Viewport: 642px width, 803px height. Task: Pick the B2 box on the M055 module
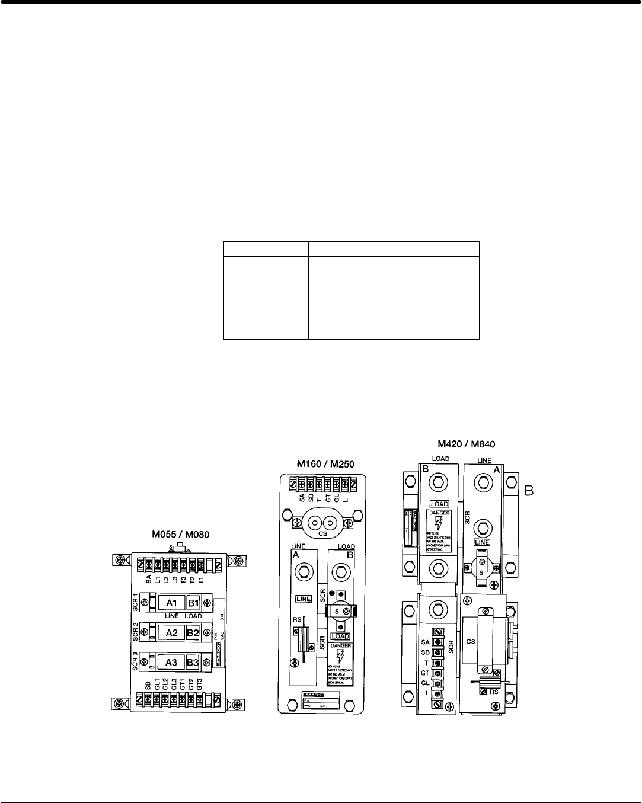pos(193,632)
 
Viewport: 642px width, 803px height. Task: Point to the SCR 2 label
pos(135,632)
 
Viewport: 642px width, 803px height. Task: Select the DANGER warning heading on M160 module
pos(341,644)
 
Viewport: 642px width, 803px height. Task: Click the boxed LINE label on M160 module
pos(303,599)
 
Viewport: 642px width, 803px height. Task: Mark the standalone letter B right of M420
pos(529,490)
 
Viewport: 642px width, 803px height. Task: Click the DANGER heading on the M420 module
pos(438,513)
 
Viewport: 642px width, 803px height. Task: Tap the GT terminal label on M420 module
pos(425,673)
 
